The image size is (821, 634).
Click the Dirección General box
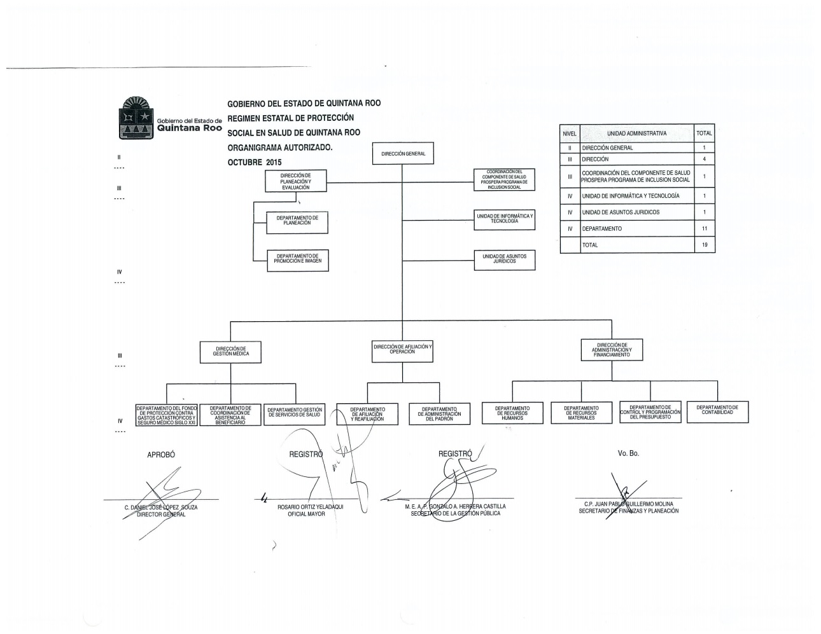click(403, 154)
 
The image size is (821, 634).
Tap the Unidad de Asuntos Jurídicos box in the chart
click(504, 259)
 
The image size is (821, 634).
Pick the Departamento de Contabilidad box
click(717, 411)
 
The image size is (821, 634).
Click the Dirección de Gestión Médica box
click(231, 352)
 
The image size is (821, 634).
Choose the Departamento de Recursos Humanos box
click(512, 413)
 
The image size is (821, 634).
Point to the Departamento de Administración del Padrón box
click(439, 414)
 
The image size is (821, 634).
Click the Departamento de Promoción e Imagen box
click(298, 259)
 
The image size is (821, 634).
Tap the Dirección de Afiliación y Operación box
click(403, 350)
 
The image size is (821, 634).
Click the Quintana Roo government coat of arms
click(135, 118)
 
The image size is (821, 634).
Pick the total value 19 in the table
click(704, 245)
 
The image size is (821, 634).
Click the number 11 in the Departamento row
click(704, 228)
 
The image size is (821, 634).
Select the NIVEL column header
click(570, 134)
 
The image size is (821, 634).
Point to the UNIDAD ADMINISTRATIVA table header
click(636, 134)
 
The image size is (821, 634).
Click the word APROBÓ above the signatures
click(161, 455)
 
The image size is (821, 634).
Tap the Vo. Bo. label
click(628, 453)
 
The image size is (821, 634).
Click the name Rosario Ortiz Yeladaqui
click(311, 507)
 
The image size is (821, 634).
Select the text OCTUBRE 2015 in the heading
click(255, 162)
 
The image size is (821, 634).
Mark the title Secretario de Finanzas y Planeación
click(628, 511)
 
